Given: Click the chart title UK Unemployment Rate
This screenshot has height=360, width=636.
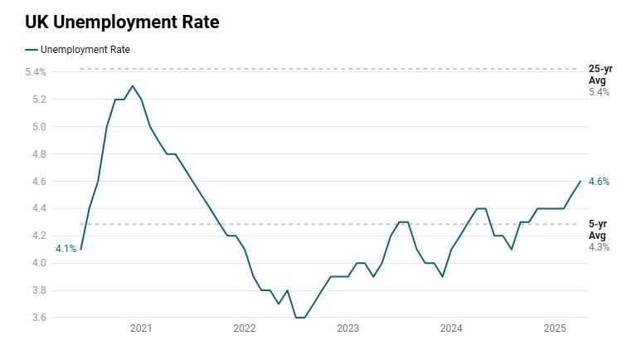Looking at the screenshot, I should (122, 22).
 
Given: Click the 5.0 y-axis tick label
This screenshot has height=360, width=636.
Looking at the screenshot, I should (38, 127).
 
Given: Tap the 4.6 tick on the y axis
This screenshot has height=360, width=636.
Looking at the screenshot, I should (38, 182).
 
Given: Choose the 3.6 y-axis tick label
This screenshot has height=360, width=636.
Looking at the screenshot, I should (38, 318).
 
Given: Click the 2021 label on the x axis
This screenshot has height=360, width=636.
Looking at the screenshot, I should (141, 329).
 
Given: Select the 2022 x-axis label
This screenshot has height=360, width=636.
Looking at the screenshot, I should (245, 329).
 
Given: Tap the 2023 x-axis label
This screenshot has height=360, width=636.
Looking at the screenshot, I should (347, 329).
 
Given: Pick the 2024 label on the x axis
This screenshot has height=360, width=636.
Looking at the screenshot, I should (451, 329).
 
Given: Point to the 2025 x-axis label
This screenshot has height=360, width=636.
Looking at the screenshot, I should (554, 329).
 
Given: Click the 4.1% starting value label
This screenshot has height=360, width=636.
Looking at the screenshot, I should (66, 249).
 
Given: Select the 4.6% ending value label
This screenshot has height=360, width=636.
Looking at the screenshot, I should (599, 182).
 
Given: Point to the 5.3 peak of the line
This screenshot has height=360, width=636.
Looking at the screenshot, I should (133, 85).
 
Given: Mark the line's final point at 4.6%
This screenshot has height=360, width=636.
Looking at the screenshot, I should (580, 181).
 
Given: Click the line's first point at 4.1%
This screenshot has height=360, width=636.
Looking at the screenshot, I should (80, 249).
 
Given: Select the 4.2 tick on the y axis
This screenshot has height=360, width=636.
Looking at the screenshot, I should (38, 236).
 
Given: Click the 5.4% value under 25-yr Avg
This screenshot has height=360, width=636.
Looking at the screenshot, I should (599, 92).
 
